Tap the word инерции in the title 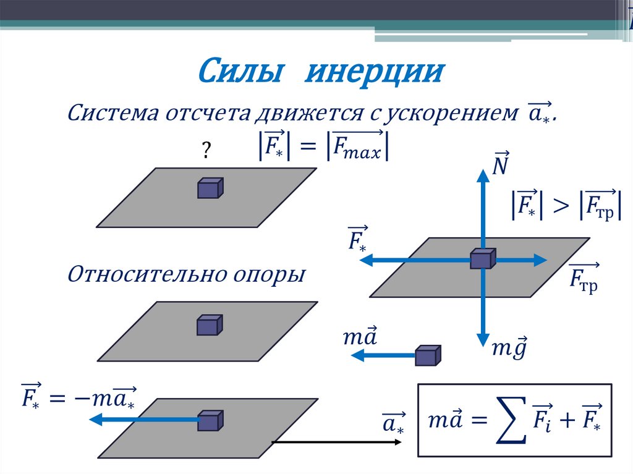click(375, 72)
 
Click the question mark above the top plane click(206, 150)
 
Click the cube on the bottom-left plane click(211, 420)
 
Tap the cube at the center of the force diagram click(483, 258)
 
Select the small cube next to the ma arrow click(428, 355)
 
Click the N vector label click(500, 163)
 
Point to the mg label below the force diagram click(509, 347)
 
